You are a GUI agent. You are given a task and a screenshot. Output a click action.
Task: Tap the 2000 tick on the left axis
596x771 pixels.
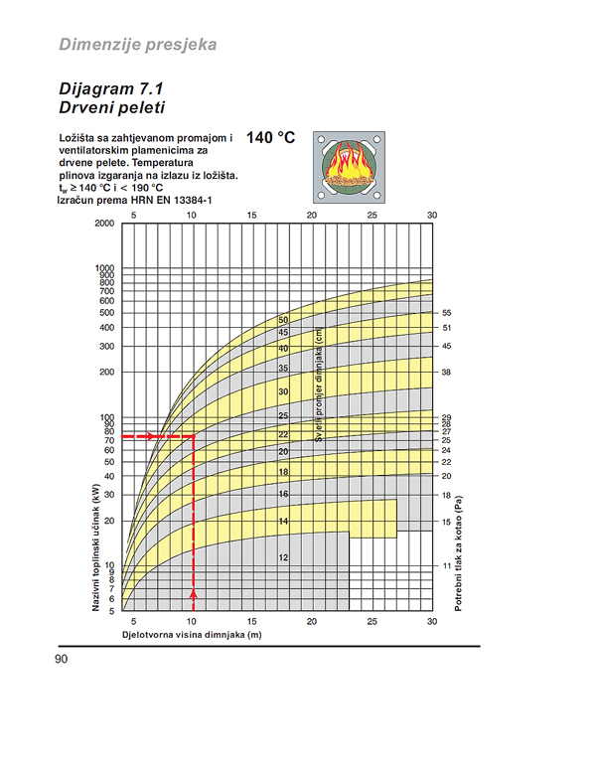click(103, 224)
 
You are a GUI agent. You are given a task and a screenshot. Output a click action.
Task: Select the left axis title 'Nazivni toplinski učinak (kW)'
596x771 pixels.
click(97, 540)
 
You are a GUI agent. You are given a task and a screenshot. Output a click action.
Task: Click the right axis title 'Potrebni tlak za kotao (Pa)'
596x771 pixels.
click(459, 552)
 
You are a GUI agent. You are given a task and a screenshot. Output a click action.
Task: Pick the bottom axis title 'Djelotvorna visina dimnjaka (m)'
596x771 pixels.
click(191, 634)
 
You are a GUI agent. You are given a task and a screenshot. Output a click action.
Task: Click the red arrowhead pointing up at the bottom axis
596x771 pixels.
click(193, 594)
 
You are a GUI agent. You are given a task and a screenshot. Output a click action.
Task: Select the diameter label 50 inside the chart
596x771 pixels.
click(283, 320)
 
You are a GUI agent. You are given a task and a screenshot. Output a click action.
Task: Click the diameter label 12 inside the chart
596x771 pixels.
click(283, 558)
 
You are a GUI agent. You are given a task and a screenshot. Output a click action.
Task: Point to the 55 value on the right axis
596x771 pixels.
click(446, 313)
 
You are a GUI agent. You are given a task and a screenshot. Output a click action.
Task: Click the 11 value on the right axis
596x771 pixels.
click(446, 565)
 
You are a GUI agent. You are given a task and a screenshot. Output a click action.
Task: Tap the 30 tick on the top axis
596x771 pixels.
click(431, 215)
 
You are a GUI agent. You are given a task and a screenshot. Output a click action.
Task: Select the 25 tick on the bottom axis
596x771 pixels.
click(372, 622)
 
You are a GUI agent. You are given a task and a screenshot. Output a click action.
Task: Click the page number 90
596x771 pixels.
click(63, 659)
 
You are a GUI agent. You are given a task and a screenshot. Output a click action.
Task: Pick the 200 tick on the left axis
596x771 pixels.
click(106, 373)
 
